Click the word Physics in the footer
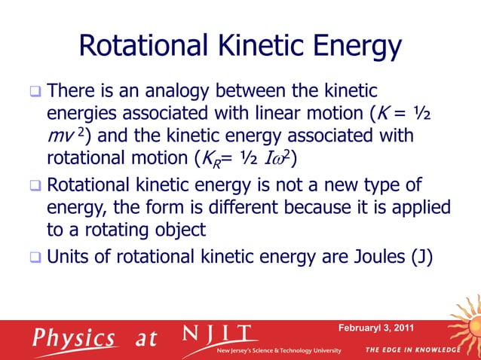pyautogui.click(x=73, y=337)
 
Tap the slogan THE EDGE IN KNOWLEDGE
pyautogui.click(x=414, y=350)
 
